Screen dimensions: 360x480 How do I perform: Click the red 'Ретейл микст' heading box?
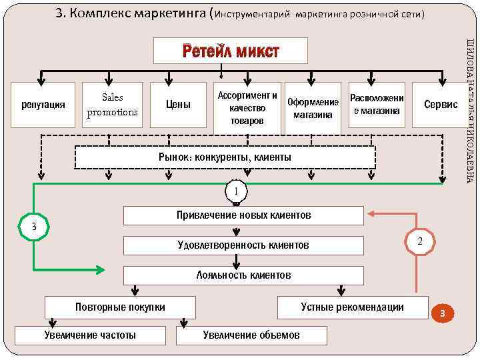click(231, 51)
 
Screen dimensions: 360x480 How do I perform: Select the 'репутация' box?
click(43, 105)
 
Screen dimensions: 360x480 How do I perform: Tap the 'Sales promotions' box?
click(112, 105)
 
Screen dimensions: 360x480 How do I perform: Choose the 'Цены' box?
click(178, 105)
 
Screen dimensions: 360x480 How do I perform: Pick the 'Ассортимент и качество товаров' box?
click(247, 107)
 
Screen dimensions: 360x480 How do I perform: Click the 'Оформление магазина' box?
click(312, 107)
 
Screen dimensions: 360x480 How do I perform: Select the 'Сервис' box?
click(441, 105)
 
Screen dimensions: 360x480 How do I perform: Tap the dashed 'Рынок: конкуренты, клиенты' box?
click(225, 157)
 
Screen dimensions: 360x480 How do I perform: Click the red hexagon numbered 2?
click(419, 240)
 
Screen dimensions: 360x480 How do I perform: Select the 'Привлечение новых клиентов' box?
click(244, 215)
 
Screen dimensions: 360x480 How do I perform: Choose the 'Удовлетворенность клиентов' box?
click(244, 245)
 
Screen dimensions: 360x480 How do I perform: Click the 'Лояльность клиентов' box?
click(244, 275)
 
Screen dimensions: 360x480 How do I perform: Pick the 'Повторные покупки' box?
click(121, 307)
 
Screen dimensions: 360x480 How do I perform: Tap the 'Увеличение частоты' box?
click(90, 335)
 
